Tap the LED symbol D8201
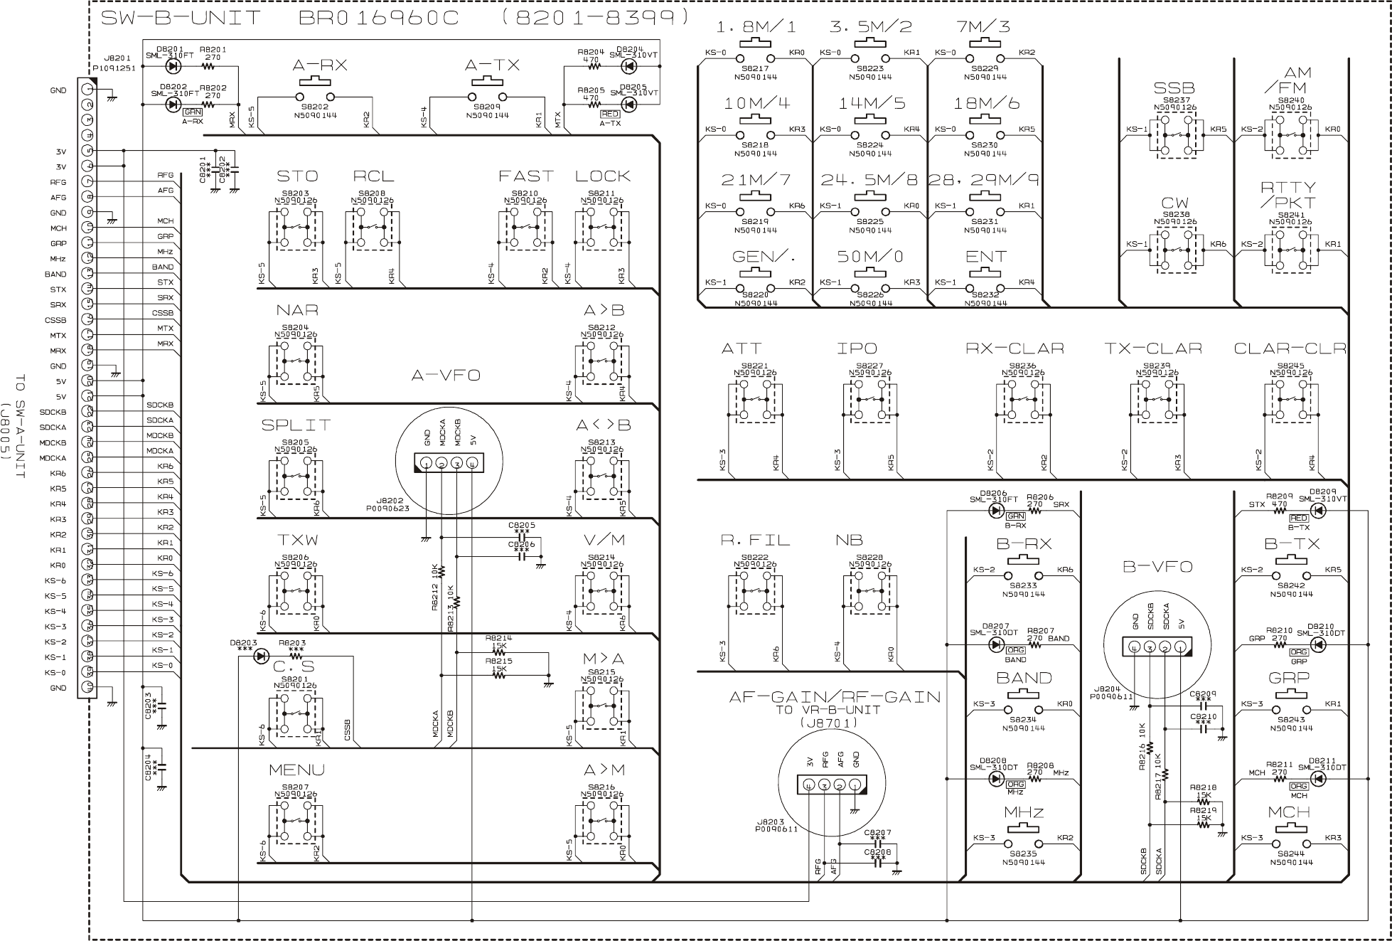point(172,66)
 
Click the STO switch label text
point(297,176)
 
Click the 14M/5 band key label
point(871,103)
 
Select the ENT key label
point(986,256)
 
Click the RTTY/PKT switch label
point(1287,195)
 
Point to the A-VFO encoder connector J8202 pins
point(449,464)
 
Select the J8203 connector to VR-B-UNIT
point(832,785)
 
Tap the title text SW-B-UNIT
point(181,18)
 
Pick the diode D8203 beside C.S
point(261,655)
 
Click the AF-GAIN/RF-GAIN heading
point(834,696)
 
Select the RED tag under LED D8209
point(1298,519)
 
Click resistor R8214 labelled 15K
point(499,651)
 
